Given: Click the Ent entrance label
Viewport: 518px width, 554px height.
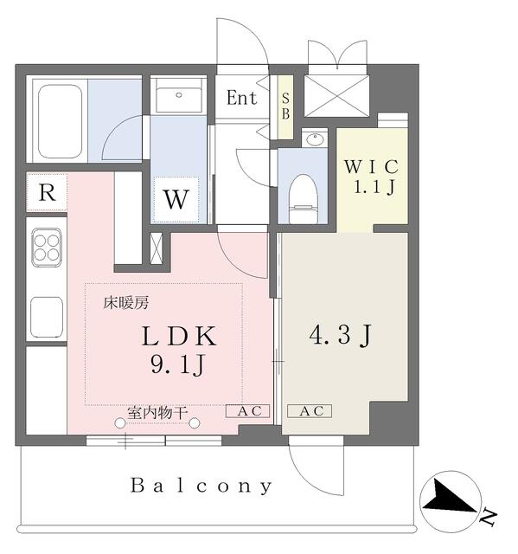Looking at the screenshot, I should [241, 98].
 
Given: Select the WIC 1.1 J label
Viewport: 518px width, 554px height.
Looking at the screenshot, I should [372, 176].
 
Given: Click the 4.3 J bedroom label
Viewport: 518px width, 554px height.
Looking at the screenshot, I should [343, 335].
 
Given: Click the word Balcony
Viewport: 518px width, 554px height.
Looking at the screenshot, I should [202, 486].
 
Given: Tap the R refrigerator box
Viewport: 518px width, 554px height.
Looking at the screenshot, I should [48, 193].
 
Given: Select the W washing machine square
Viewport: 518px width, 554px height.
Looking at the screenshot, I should [176, 199].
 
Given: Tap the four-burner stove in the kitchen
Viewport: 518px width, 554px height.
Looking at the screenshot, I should [47, 246].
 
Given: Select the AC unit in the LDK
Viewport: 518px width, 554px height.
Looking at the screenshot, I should [248, 411].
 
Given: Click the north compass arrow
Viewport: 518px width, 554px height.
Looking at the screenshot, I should [447, 499].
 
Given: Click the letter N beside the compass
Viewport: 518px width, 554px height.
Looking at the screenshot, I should [489, 519].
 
